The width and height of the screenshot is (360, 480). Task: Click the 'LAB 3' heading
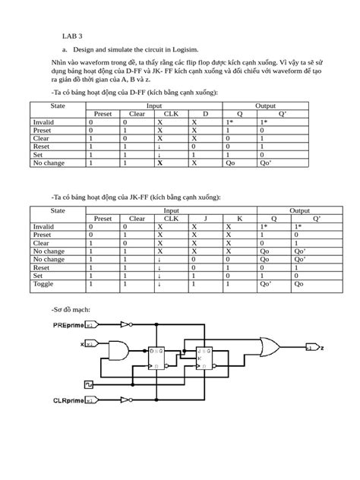pos(72,35)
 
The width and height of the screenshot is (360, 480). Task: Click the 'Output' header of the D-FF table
pos(265,106)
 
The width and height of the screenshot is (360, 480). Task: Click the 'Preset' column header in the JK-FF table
pos(102,218)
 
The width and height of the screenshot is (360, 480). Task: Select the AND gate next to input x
pos(119,350)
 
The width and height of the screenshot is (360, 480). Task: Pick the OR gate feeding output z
pos(268,347)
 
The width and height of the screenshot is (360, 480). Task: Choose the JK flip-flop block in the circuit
pos(205,359)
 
